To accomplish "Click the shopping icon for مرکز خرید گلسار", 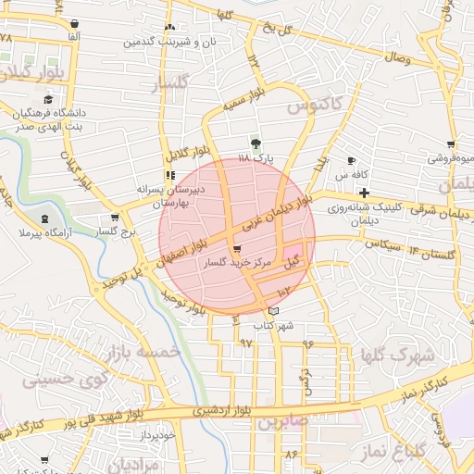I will [238, 249].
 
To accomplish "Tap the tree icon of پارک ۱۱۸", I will [256, 143].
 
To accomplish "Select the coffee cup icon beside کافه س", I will [351, 161].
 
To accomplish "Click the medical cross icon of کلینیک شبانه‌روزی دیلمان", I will [365, 192].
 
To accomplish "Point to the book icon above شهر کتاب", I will [272, 311].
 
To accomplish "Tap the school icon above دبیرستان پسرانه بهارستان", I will [169, 174].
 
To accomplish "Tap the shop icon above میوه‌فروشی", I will [451, 143].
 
